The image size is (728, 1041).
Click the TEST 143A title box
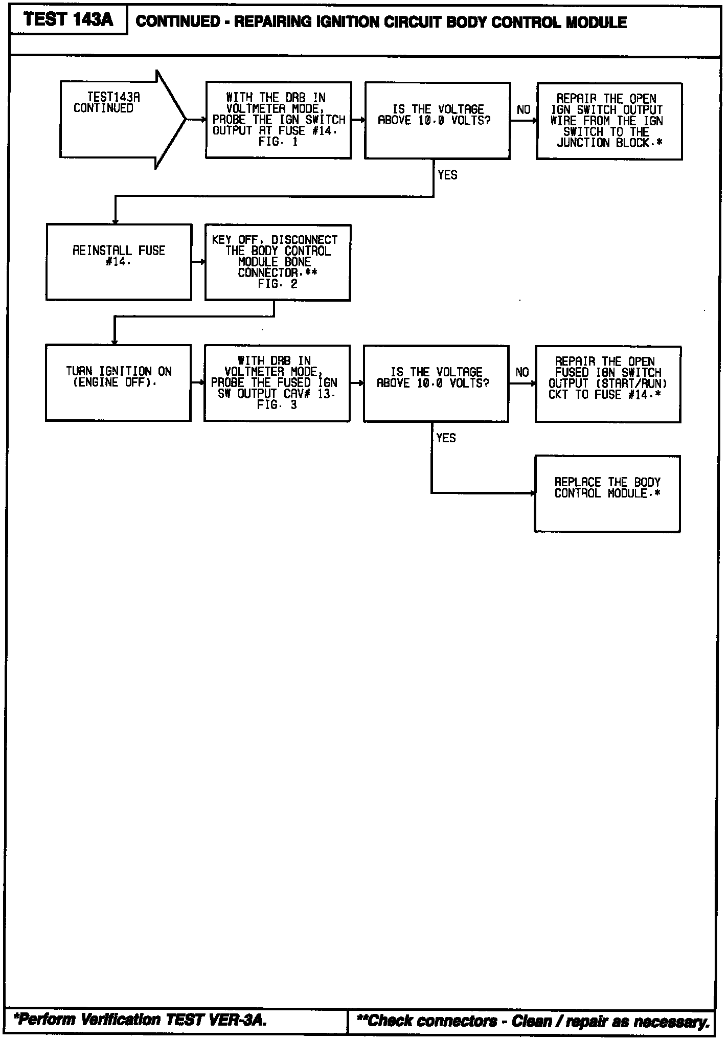(x=69, y=21)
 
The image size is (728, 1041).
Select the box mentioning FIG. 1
(x=279, y=120)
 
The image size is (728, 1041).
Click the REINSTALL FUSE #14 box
(x=119, y=262)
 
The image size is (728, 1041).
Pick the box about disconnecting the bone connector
(x=278, y=262)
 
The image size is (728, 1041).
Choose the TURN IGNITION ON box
(x=119, y=383)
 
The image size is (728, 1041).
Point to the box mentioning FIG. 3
(x=277, y=383)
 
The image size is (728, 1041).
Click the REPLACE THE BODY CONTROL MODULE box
(x=607, y=494)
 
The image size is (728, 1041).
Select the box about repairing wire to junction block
(x=609, y=121)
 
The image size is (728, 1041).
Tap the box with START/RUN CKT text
(x=608, y=384)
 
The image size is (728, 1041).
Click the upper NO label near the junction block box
(x=524, y=110)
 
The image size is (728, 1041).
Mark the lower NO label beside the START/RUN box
(x=522, y=373)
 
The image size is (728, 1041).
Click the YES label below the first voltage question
(x=447, y=175)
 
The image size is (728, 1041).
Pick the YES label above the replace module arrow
(x=446, y=438)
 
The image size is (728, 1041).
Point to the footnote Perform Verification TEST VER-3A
(x=141, y=1020)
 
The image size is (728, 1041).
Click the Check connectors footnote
(x=533, y=1021)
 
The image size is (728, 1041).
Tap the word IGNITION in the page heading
(x=348, y=22)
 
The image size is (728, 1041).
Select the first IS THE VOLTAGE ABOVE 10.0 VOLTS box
(x=438, y=121)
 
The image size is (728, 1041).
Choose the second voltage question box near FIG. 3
(x=436, y=384)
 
